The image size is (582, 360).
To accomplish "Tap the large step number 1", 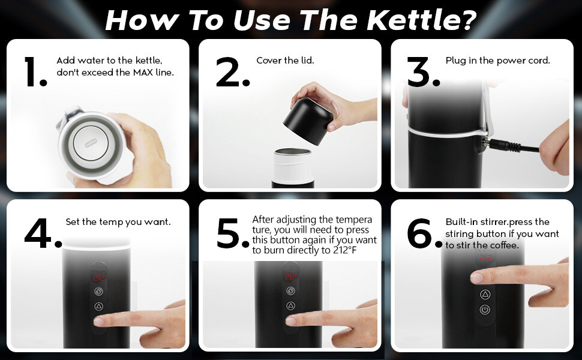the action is tap(35, 71).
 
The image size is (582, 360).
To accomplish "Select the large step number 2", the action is tap(233, 72).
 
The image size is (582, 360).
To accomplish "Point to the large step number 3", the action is tap(424, 72).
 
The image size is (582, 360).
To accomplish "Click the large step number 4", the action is tap(43, 233).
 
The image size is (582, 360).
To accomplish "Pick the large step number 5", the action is tap(233, 233).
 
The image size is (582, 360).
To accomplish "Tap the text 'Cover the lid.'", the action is tap(285, 61).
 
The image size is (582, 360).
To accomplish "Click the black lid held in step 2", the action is tap(308, 121).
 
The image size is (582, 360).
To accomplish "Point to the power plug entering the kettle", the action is tap(501, 145).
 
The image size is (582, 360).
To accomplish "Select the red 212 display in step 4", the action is tap(99, 278).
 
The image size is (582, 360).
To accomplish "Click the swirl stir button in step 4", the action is tap(99, 292).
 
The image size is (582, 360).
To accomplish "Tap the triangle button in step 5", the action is tap(290, 306).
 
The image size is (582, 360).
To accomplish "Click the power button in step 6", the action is tap(485, 310).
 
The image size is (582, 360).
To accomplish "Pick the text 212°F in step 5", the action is tap(345, 250).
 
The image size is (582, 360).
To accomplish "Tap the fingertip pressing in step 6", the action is tap(478, 277).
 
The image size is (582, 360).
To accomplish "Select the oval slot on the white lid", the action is tap(90, 143).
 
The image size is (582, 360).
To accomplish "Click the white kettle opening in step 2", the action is tap(292, 152).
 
